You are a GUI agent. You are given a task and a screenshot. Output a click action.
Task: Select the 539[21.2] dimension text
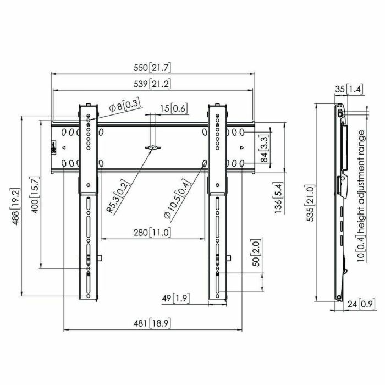[152, 84]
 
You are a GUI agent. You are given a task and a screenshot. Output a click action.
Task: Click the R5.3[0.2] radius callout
[112, 198]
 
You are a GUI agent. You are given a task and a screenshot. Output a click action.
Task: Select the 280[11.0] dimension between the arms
[152, 233]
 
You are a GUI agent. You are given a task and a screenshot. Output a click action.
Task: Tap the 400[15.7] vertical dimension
[35, 195]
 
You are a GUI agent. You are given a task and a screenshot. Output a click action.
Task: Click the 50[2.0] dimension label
[255, 255]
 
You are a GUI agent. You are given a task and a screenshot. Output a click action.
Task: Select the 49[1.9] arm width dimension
[175, 299]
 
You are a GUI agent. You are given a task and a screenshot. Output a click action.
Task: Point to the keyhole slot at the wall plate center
[153, 147]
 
